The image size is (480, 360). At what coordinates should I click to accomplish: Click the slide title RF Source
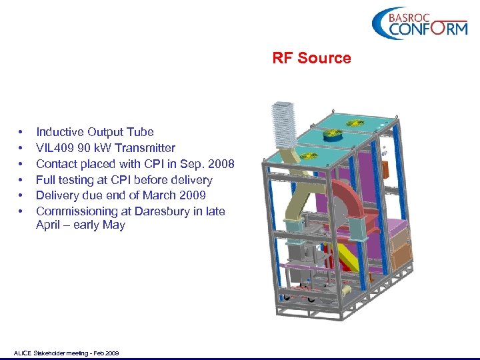(x=311, y=58)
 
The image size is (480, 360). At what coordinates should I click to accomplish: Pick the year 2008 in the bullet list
(x=221, y=164)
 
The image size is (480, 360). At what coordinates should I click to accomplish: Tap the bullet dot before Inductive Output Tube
(x=23, y=132)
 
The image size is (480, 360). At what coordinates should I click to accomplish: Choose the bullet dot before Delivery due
(x=23, y=195)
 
